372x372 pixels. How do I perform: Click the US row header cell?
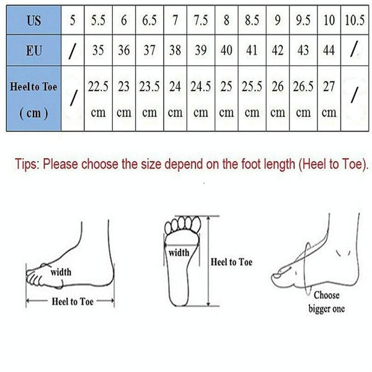(33, 20)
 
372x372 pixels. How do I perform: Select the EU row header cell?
(33, 50)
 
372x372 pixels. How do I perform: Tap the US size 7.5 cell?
(201, 20)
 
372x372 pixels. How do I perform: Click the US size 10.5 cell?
(355, 20)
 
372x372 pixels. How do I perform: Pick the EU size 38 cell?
(175, 50)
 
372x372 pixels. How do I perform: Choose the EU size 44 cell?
(329, 50)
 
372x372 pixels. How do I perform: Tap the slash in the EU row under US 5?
(73, 51)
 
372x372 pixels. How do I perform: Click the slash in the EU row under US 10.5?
(354, 49)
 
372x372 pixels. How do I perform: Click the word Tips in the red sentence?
(27, 164)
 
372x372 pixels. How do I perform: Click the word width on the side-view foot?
(61, 272)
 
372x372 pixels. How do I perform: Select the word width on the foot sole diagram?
(179, 252)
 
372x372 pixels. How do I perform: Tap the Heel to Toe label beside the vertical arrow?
(231, 262)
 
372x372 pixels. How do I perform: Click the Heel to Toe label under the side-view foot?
(73, 301)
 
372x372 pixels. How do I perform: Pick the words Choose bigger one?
(327, 302)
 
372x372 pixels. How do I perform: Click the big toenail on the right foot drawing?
(277, 275)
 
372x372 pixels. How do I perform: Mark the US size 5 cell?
(73, 20)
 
